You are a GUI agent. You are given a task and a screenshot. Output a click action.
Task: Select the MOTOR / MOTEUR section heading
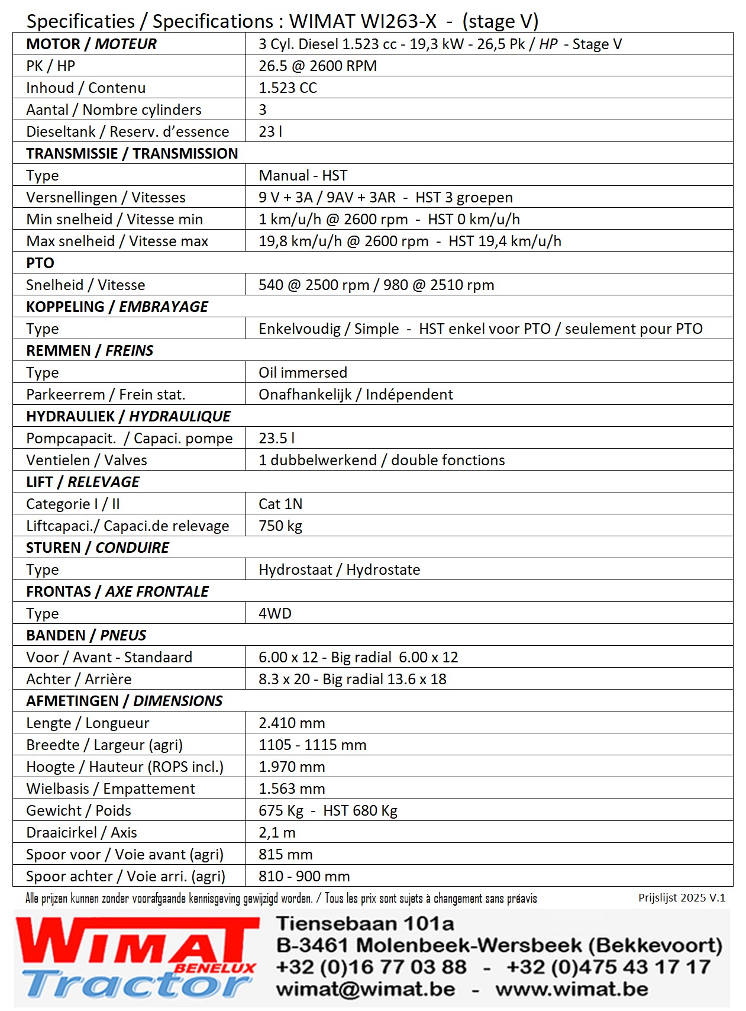tap(91, 44)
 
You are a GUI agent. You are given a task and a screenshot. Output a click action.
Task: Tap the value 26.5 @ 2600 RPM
tap(318, 66)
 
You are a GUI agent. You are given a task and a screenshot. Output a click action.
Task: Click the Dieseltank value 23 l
tap(270, 131)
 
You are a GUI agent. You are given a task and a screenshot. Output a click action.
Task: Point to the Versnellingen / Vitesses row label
tap(105, 197)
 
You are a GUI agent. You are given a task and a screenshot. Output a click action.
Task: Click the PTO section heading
tap(40, 263)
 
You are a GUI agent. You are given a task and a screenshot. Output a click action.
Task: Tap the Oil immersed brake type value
tap(302, 372)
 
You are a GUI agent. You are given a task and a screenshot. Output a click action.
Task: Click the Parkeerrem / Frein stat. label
tap(105, 394)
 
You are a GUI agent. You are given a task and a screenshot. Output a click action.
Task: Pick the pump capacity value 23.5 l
tap(276, 438)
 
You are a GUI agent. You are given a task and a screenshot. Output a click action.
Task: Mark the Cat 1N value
tap(280, 504)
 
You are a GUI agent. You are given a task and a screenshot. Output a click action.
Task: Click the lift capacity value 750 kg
tap(280, 526)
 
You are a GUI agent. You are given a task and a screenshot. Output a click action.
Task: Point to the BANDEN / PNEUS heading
tap(86, 635)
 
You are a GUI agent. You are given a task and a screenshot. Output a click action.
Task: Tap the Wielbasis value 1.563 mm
tap(292, 788)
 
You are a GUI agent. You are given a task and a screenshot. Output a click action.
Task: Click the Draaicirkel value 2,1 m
tap(276, 832)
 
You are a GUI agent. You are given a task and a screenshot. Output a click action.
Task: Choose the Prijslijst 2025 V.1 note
tap(681, 897)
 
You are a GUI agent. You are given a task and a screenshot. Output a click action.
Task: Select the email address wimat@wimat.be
tap(365, 989)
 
